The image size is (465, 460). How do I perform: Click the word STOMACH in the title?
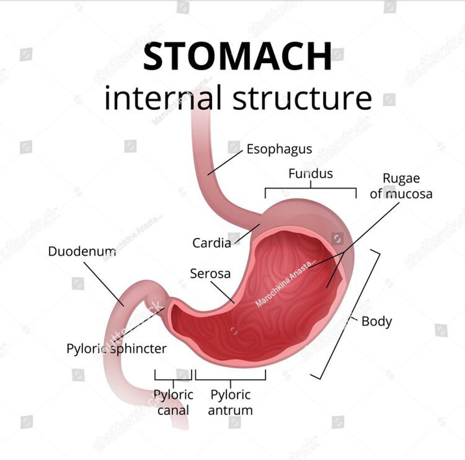[237, 57]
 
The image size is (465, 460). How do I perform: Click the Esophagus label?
[279, 149]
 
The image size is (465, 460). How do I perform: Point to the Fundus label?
[310, 173]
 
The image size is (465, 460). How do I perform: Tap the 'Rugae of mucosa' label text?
[401, 186]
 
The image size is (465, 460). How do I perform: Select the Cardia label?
[211, 243]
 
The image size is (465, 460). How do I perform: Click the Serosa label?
[210, 273]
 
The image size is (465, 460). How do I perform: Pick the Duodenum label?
[82, 251]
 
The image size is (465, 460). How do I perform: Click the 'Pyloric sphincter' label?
[116, 349]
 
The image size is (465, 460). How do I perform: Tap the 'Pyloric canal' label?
[174, 402]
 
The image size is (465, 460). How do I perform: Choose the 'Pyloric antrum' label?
[230, 402]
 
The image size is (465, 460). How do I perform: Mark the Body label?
[377, 321]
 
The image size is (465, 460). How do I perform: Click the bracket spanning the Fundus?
[310, 188]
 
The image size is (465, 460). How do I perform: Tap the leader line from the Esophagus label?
[225, 163]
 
